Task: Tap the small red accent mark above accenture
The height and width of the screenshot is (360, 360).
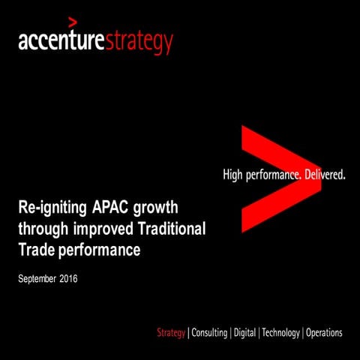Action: point(72,20)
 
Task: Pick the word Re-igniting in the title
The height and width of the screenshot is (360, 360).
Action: point(50,206)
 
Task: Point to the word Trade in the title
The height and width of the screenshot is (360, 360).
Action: point(35,250)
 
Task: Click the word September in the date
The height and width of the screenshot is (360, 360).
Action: point(42,280)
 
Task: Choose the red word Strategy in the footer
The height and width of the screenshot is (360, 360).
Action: point(172,332)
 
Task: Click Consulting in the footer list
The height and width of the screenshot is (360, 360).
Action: point(209,332)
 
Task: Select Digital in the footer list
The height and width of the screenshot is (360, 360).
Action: point(244,332)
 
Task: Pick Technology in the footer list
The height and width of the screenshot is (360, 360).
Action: point(280,332)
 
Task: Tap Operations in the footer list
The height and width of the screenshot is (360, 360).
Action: point(325,332)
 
